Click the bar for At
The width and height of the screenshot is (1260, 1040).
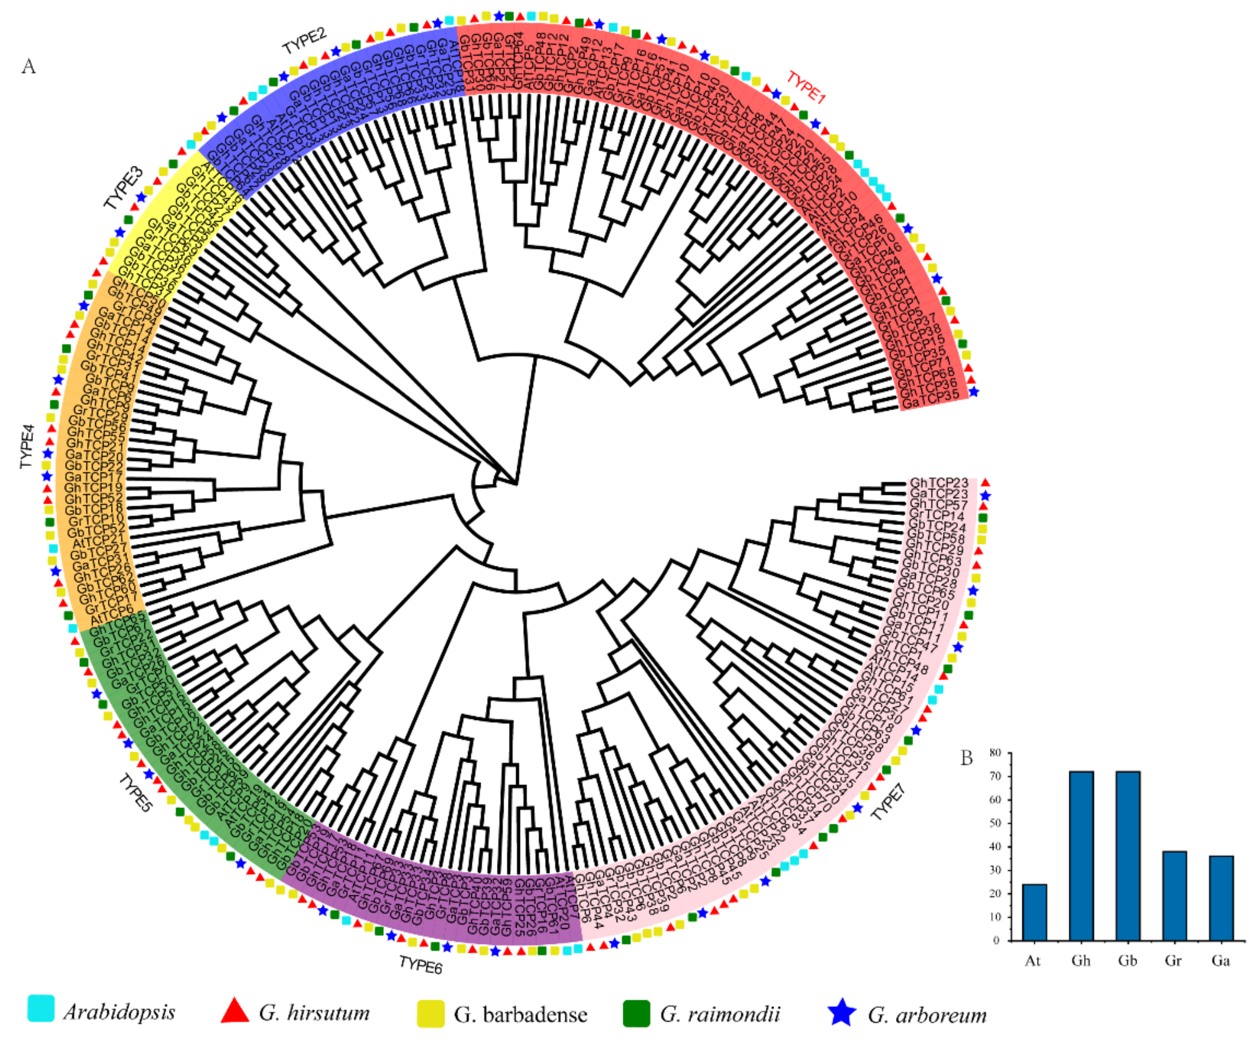click(1034, 912)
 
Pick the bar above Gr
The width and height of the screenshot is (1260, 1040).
click(1174, 896)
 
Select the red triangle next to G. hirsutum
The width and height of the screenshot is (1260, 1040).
click(235, 1010)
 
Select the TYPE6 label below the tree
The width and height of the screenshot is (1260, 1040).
click(421, 964)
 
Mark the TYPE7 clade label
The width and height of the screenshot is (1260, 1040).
click(888, 802)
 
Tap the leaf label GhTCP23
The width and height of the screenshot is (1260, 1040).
click(938, 483)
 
